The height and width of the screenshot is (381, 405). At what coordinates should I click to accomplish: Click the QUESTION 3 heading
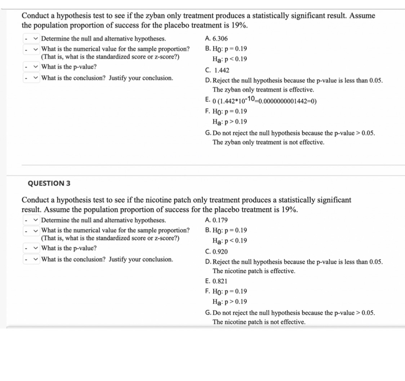49,183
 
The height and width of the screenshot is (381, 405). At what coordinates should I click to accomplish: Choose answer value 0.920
220,252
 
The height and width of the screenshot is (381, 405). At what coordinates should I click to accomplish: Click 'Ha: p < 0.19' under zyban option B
230,59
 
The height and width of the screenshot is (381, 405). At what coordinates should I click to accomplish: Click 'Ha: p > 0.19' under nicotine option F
230,301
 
